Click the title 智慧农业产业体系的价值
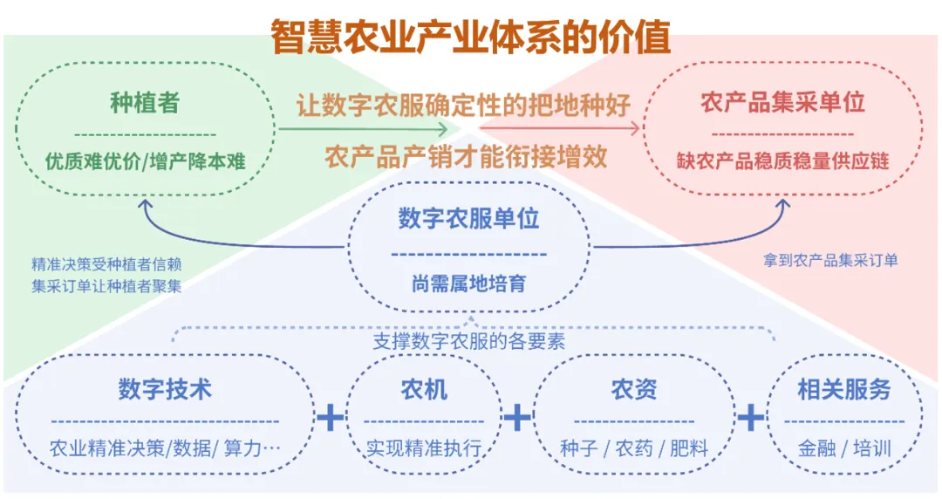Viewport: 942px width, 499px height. (470, 37)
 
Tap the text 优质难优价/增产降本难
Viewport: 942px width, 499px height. (145, 161)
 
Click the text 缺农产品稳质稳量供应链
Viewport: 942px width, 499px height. (782, 161)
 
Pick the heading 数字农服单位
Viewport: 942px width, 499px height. (468, 218)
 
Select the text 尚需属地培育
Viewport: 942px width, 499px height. (468, 284)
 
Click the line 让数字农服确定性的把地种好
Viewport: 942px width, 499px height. (463, 106)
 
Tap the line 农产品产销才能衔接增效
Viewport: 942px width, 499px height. (466, 158)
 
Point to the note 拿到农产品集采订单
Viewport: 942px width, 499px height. (830, 260)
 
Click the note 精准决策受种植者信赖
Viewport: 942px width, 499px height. (106, 264)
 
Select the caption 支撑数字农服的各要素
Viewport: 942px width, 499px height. (468, 341)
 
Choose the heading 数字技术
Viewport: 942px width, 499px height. (165, 389)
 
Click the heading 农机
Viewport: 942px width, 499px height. (424, 389)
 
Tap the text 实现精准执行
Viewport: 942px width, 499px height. (424, 449)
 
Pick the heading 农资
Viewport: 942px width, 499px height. (633, 389)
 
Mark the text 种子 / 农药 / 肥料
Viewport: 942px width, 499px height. (633, 449)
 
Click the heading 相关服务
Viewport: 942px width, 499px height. (843, 389)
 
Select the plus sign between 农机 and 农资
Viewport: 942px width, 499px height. (517, 418)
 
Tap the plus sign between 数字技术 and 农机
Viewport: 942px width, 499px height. (330, 418)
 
